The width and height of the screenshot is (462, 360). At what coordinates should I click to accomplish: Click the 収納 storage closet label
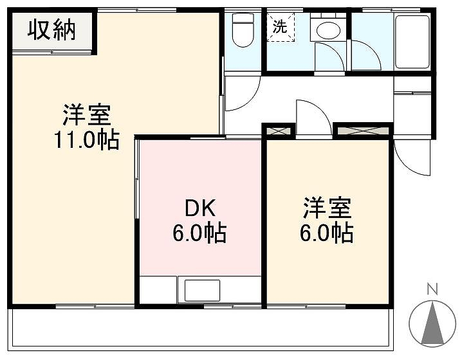pos(51,30)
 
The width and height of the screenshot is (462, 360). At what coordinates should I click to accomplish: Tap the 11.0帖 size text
pos(87,139)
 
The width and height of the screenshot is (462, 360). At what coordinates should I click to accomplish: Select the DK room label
pos(200,208)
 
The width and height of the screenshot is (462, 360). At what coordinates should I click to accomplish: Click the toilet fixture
pos(243,30)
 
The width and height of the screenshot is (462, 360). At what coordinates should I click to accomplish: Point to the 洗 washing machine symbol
pos(281,27)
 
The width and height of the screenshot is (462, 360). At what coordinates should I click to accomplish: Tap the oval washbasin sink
pos(329,30)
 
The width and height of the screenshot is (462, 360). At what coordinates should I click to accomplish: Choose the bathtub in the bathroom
pos(412,42)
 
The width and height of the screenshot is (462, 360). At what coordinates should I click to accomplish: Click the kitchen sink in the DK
pos(202,291)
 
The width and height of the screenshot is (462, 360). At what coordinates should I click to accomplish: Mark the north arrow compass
pos(432,323)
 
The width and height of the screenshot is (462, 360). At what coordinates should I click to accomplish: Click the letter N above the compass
pos(432,289)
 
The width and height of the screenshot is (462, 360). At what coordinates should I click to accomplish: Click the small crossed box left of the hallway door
pos(279,130)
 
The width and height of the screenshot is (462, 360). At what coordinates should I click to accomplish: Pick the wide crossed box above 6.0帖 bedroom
pos(363,130)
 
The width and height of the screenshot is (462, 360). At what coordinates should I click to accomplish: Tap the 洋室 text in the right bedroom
pos(327,208)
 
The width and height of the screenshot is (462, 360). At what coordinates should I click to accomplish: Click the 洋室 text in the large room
pos(87,114)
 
